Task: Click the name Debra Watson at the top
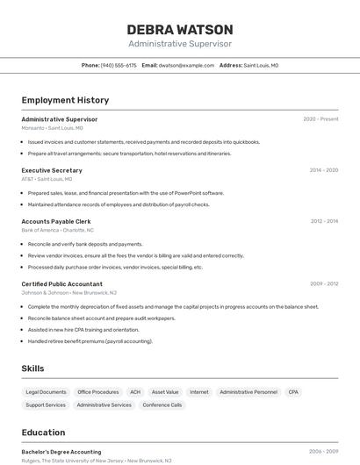click(x=180, y=29)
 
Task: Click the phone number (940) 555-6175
click(x=119, y=65)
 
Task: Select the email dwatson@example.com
click(x=186, y=65)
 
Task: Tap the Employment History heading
click(x=65, y=100)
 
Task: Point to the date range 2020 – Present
click(x=320, y=119)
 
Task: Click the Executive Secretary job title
click(x=52, y=170)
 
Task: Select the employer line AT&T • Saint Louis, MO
click(x=47, y=179)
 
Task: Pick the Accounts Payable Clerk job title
click(x=56, y=221)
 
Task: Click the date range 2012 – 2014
click(x=324, y=221)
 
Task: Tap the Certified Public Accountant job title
click(x=61, y=284)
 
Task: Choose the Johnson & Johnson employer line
click(x=68, y=293)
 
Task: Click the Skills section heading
click(x=32, y=368)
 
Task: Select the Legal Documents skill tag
click(x=46, y=392)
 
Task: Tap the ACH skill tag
click(x=135, y=392)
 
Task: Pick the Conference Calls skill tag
click(x=162, y=405)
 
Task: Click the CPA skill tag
click(x=293, y=392)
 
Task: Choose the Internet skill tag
click(x=199, y=392)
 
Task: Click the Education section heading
click(x=43, y=433)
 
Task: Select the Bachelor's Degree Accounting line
click(x=61, y=452)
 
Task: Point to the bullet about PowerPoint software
click(x=126, y=193)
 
